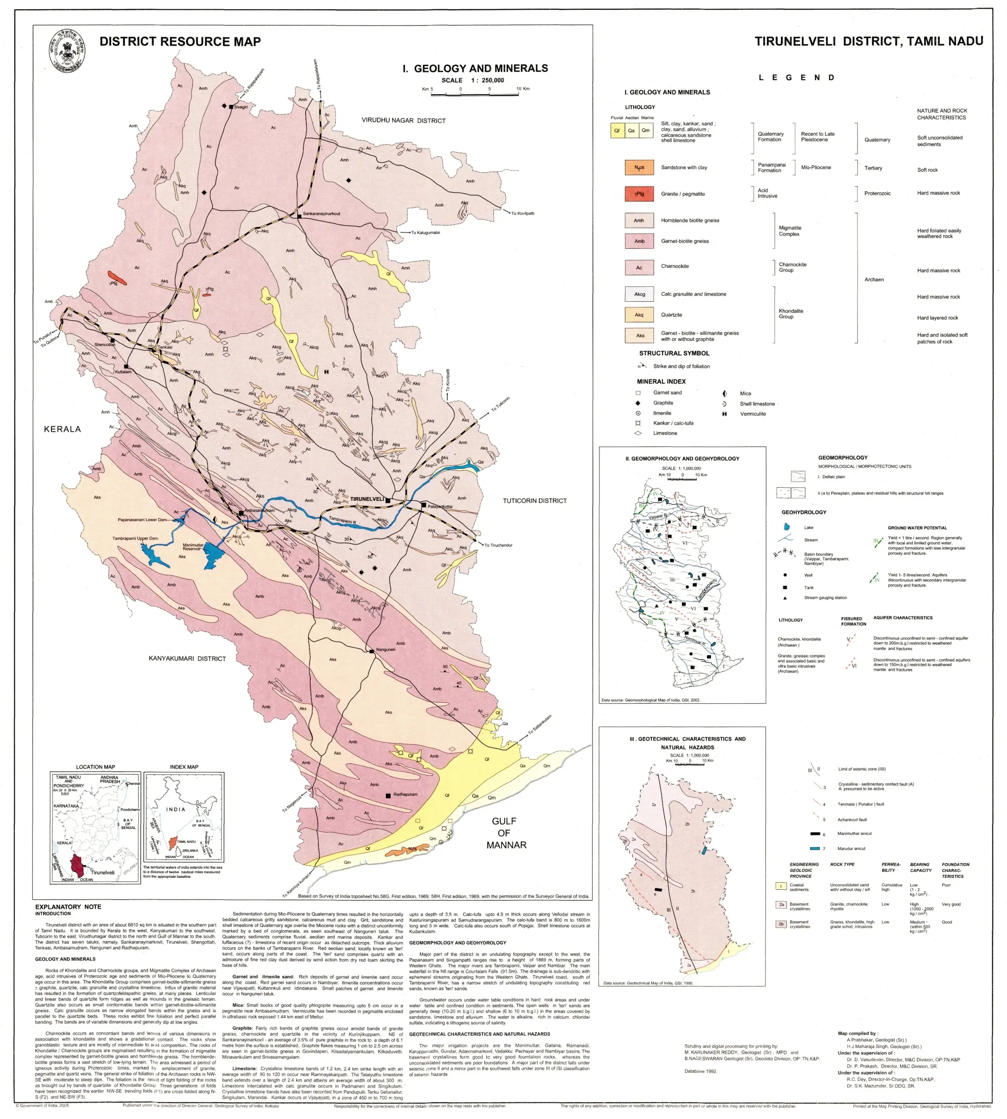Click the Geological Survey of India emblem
coord(67,51)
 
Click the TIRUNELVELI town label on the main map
coord(367,499)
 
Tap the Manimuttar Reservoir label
coord(194,547)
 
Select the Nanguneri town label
coord(386,649)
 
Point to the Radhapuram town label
coord(405,794)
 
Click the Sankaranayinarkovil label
coord(321,213)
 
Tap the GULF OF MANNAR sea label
coord(506,833)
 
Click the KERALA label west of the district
coord(63,429)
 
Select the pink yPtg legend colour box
coord(639,194)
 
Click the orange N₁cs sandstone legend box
coord(639,167)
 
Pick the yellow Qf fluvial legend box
coord(617,131)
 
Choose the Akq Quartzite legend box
coord(639,315)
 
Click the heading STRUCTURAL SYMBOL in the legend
coord(674,353)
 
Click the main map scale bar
coord(475,95)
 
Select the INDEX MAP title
coord(184,767)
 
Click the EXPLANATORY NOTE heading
coord(68,907)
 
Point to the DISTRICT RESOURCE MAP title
coord(180,42)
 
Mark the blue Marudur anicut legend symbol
coord(814,849)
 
